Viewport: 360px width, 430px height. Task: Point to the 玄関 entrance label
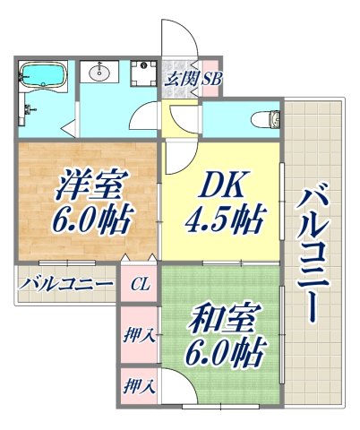coord(181,78)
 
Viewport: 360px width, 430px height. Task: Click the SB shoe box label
coord(211,78)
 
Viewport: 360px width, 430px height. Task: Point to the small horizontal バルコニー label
coord(66,285)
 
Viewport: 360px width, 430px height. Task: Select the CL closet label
coord(141,286)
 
